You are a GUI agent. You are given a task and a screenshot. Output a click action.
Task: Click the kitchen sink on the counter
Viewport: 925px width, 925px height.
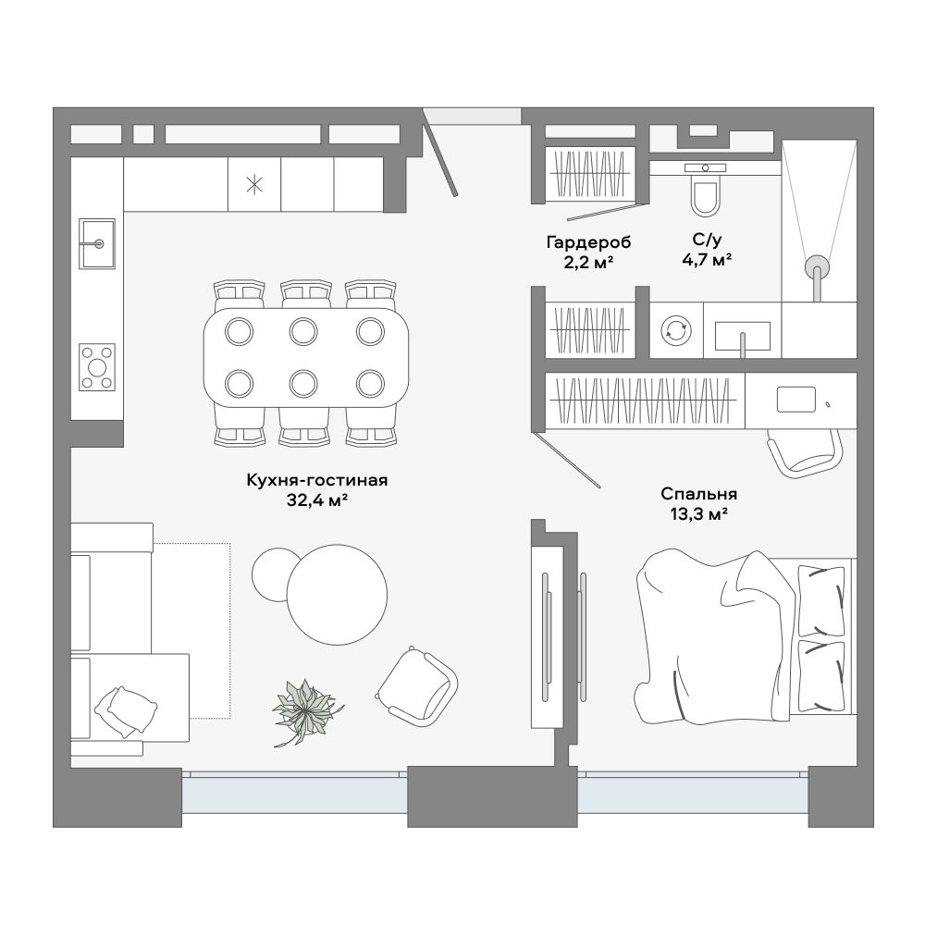(97, 243)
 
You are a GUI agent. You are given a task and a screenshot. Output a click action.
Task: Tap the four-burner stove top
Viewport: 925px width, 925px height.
(97, 367)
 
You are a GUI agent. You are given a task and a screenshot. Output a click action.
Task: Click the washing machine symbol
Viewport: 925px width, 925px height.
(676, 330)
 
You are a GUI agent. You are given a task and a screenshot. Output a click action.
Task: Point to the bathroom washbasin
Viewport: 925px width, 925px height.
(743, 337)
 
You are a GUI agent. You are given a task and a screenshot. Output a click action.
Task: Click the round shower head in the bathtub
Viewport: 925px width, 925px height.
(817, 266)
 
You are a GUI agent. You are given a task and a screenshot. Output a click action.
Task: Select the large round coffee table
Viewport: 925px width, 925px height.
(338, 594)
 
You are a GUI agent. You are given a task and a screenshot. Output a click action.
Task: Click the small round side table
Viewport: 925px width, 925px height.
(275, 574)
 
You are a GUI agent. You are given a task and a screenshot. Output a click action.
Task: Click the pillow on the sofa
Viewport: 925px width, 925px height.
(126, 710)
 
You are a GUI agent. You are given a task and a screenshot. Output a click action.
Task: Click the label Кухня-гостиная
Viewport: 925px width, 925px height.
(316, 481)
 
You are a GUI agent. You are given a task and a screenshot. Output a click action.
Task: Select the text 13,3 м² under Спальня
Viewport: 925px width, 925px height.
(698, 513)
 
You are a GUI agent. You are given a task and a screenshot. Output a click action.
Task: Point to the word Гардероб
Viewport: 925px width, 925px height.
(588, 242)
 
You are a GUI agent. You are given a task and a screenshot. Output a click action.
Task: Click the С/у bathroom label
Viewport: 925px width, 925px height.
(707, 240)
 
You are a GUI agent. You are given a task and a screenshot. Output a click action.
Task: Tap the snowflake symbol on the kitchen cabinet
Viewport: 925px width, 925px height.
(254, 185)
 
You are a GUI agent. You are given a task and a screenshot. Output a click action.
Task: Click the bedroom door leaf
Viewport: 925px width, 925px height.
(566, 460)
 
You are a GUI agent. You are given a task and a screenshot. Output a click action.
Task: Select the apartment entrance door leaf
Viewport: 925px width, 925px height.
(440, 153)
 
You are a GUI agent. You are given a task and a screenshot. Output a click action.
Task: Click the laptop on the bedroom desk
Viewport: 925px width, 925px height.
(796, 400)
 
